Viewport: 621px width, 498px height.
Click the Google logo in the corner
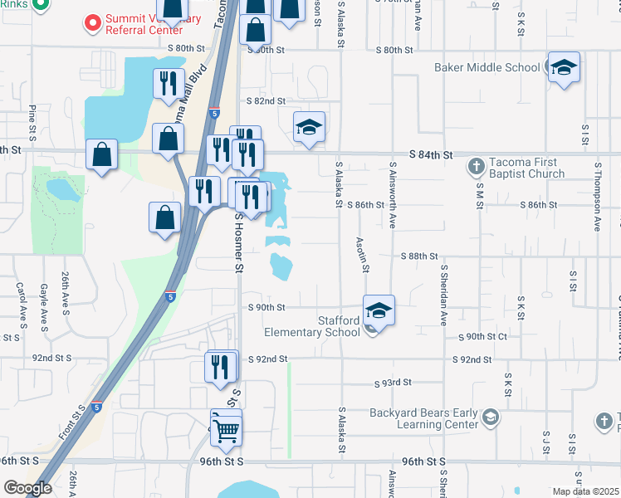(x=27, y=488)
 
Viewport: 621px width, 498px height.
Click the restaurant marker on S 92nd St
(x=220, y=366)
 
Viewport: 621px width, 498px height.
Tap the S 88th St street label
(x=418, y=256)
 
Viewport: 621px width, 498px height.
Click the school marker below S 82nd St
(x=309, y=127)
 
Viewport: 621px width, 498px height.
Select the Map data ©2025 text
(x=586, y=491)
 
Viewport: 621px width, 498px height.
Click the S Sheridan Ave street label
(x=444, y=295)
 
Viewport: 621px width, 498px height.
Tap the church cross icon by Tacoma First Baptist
(x=477, y=167)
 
